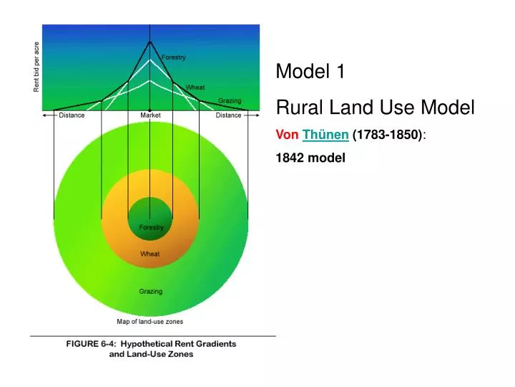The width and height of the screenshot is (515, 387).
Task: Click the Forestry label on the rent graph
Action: (x=174, y=57)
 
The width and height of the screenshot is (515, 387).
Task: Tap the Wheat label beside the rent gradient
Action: (x=195, y=87)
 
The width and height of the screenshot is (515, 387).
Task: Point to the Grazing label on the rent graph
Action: (x=230, y=101)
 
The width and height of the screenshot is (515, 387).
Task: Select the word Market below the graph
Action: (x=150, y=115)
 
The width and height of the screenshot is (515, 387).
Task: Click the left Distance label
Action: (x=72, y=115)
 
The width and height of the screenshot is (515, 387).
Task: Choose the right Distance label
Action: (x=229, y=115)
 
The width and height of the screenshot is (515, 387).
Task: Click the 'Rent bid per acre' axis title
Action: (x=36, y=67)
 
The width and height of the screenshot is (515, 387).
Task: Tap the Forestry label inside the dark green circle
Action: (x=151, y=228)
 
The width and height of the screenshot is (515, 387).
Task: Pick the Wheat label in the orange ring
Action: (x=150, y=254)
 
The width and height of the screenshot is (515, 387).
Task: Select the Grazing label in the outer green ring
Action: (x=150, y=292)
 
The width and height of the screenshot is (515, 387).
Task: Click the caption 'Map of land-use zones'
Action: (x=149, y=322)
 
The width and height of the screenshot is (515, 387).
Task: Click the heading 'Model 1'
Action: (x=310, y=72)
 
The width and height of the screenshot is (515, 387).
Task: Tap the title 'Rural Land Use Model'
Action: (x=375, y=108)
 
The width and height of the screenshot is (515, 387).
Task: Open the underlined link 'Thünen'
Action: (x=325, y=135)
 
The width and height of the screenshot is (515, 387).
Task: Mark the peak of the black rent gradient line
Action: (x=149, y=41)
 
